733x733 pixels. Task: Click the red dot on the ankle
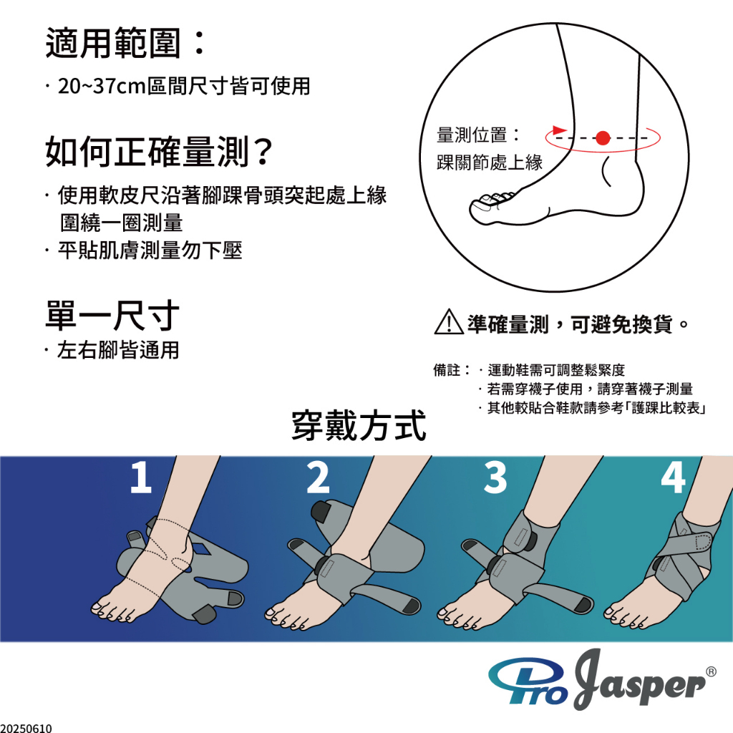tap(603, 138)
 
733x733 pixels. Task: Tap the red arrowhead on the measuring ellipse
tap(559, 130)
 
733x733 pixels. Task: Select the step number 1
tap(141, 477)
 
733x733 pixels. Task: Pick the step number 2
tap(318, 477)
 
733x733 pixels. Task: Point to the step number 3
tap(495, 477)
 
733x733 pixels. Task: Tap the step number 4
tap(673, 477)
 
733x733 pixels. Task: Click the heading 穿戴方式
tap(359, 425)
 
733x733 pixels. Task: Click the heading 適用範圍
tap(113, 43)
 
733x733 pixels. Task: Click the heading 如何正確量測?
tap(158, 152)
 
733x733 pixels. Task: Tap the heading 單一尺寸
tap(112, 316)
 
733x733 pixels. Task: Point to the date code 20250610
tap(26, 728)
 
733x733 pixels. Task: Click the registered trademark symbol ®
tap(711, 671)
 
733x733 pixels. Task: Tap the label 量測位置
tap(471, 135)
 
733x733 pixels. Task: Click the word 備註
tap(447, 370)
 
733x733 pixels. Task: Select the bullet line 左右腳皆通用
tap(118, 349)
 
